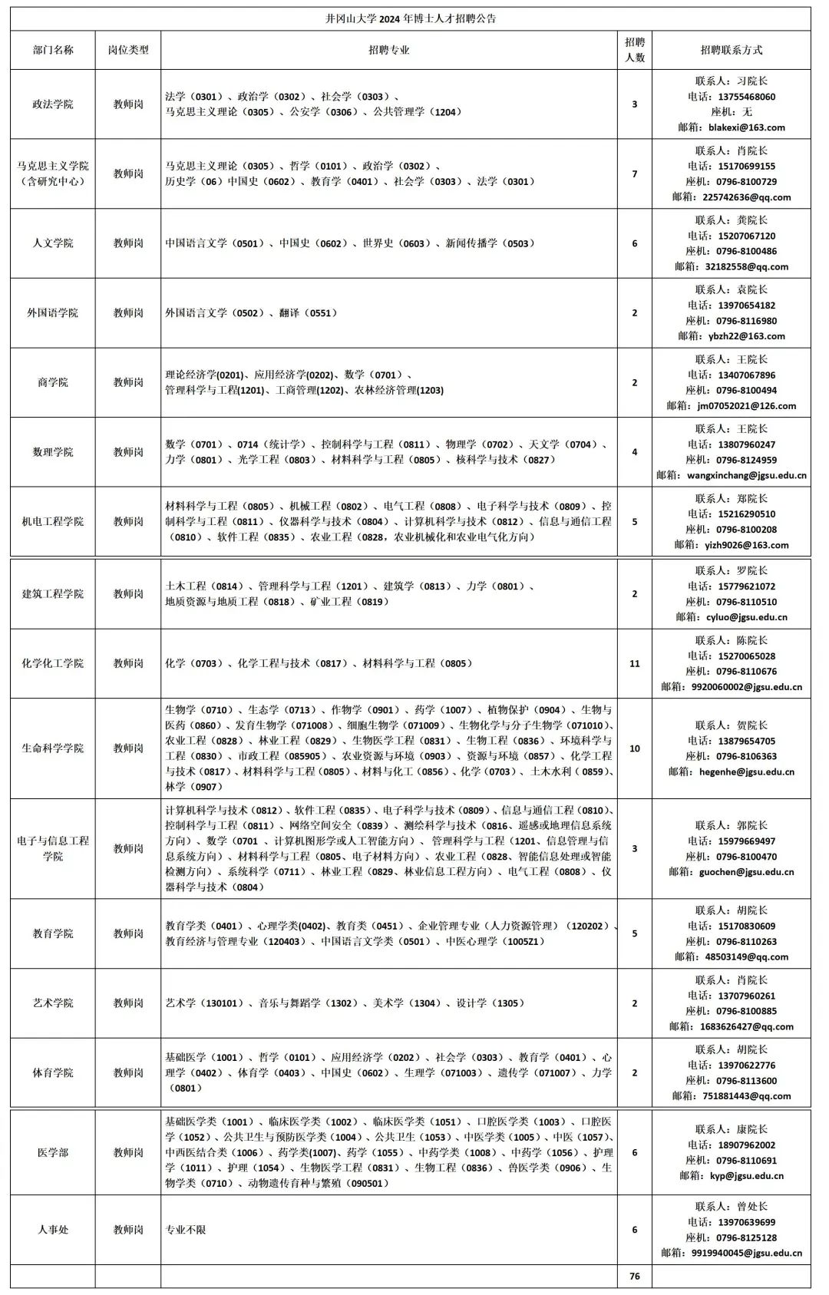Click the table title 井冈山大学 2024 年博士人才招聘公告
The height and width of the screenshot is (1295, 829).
click(410, 18)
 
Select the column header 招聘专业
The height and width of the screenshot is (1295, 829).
click(389, 50)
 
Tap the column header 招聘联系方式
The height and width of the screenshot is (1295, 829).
click(732, 50)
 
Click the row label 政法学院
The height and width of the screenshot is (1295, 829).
click(53, 104)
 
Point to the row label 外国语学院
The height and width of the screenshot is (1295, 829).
click(53, 313)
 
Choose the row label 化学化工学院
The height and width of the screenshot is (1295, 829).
click(53, 663)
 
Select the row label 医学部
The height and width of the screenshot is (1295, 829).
click(53, 1152)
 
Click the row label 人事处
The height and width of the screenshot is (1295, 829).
click(53, 1230)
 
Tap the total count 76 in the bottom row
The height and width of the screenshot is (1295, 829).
click(634, 1277)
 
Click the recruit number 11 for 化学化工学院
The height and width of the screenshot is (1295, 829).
click(634, 663)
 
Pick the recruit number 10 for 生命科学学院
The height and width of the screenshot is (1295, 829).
click(634, 748)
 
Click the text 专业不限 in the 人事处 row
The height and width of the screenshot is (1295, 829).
click(186, 1230)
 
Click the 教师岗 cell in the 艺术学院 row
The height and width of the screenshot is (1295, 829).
click(128, 1003)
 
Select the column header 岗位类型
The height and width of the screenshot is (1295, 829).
click(128, 50)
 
